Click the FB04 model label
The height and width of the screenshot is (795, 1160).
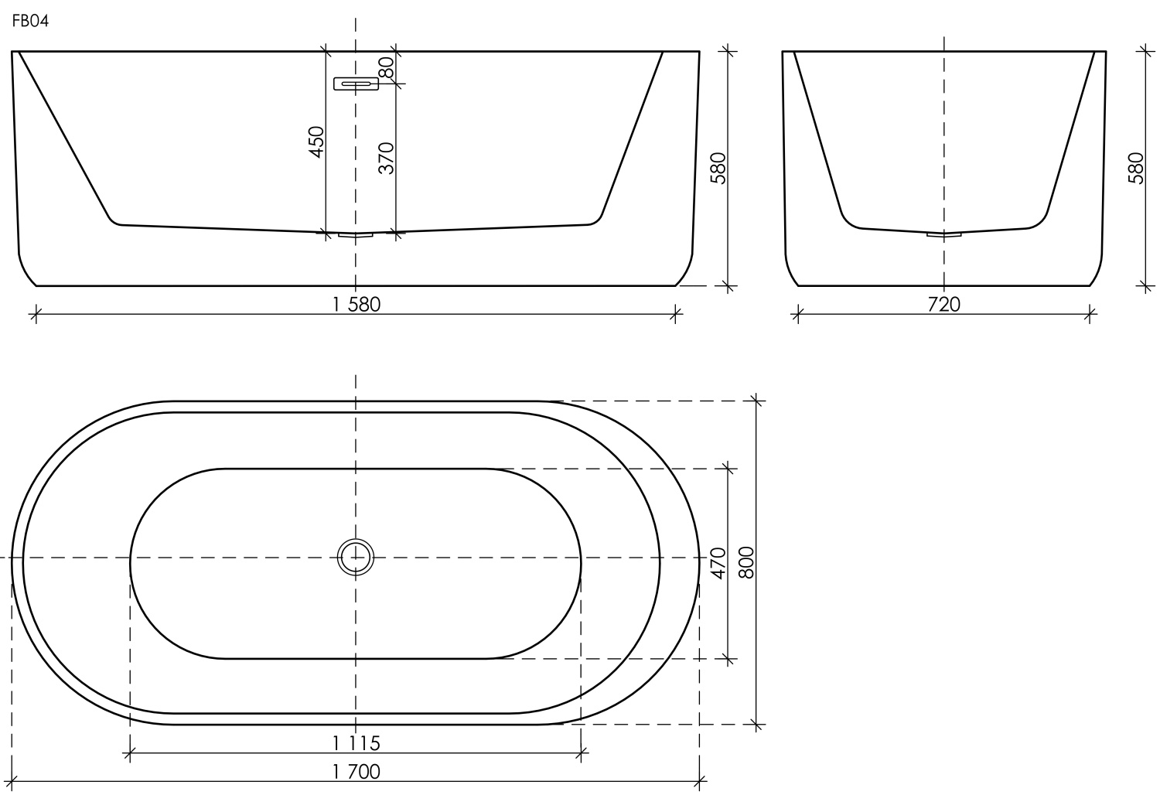(31, 22)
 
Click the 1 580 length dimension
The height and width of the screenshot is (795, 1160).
(357, 305)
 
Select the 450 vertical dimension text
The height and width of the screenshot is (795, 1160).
(316, 142)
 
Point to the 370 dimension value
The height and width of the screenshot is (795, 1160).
(386, 158)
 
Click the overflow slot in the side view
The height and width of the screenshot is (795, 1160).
(356, 84)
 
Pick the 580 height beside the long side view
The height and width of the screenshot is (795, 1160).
(718, 168)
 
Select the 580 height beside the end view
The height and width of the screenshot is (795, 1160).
(1135, 168)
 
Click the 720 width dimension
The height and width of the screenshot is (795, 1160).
(943, 305)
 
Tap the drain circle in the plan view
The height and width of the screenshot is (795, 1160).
(356, 558)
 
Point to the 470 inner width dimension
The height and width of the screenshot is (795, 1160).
(718, 563)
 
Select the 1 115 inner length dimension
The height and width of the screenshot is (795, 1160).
(357, 743)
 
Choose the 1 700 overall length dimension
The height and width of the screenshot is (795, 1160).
(357, 772)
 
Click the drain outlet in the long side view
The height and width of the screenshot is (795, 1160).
(356, 234)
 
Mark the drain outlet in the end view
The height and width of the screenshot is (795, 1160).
(944, 234)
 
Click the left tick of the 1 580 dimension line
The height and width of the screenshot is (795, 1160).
(36, 313)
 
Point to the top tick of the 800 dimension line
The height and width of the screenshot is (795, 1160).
(757, 401)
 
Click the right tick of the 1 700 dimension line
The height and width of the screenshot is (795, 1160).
(699, 781)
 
